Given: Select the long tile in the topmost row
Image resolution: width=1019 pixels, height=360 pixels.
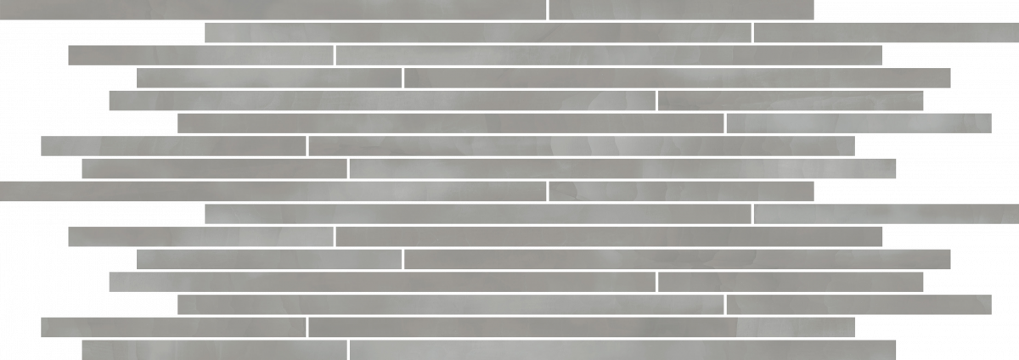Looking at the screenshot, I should tap(272, 9).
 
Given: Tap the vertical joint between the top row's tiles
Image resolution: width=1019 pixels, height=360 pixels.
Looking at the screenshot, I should tap(547, 9).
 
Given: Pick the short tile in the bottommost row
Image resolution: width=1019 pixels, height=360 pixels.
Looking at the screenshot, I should tap(214, 350).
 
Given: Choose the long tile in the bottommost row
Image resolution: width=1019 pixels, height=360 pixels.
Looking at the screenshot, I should tap(622, 350).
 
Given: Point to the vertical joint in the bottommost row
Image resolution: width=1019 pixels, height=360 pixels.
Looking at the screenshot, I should tap(348, 350).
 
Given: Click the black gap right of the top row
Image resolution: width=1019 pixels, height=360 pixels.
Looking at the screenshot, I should tap(917, 9).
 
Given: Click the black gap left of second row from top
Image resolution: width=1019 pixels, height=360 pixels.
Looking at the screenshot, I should tap(102, 32).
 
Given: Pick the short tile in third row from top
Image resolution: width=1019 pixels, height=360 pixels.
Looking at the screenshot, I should tap(200, 55).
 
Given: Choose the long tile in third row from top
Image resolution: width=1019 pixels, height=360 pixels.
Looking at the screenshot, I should tap(609, 55).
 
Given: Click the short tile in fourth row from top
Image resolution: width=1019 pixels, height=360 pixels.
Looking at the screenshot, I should tap(268, 78).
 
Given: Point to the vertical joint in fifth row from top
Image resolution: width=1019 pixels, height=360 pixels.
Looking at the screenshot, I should tap(656, 101).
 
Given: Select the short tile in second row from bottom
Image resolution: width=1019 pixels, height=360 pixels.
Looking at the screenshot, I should tap(173, 327).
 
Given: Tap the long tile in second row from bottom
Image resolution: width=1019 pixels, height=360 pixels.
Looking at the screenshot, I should tap(582, 327).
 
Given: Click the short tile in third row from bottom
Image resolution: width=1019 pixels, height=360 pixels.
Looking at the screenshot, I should tap(859, 304).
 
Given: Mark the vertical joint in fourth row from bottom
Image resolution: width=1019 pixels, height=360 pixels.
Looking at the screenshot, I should tap(656, 281).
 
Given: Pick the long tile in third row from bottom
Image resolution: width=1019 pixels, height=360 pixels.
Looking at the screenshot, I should tap(450, 304).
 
